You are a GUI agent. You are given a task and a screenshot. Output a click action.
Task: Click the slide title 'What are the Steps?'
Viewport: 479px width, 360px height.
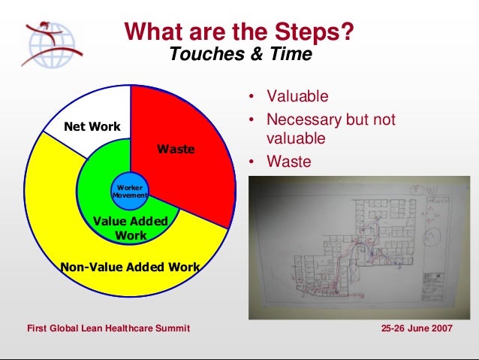pyautogui.click(x=239, y=32)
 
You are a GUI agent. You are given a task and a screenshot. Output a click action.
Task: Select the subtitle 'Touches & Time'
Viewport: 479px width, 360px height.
pyautogui.click(x=240, y=55)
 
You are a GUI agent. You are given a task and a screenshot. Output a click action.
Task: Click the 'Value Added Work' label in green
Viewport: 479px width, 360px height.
pyautogui.click(x=131, y=228)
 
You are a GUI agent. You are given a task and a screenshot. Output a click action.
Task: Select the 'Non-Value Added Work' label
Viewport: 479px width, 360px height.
pyautogui.click(x=130, y=266)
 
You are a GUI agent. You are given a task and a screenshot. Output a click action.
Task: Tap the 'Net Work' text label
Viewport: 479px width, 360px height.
pyautogui.click(x=92, y=126)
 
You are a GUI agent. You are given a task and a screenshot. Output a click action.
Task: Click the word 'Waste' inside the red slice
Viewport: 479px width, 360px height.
pyautogui.click(x=175, y=150)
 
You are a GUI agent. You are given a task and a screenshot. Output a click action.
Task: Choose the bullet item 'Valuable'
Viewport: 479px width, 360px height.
pyautogui.click(x=298, y=97)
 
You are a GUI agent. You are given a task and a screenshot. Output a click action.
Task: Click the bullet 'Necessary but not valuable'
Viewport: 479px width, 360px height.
pyautogui.click(x=330, y=129)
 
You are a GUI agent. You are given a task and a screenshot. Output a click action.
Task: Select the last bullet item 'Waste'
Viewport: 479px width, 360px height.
pyautogui.click(x=288, y=161)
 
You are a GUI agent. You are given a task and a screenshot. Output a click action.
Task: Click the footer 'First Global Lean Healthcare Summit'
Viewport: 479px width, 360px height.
pyautogui.click(x=108, y=329)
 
